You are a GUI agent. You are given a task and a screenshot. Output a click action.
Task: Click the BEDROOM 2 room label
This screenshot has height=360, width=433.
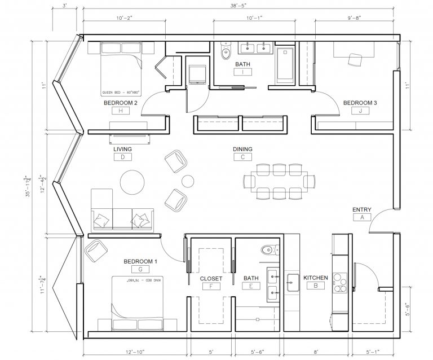[x=121, y=103]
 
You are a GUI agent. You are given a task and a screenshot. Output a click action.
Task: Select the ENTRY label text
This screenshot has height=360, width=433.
[x=361, y=209]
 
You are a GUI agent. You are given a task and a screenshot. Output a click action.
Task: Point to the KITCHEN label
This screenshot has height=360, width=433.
[x=316, y=278]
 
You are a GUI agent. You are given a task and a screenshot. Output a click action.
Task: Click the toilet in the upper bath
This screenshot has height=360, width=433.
[x=226, y=52]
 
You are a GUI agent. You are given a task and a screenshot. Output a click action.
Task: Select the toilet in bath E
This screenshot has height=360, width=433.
[x=268, y=249]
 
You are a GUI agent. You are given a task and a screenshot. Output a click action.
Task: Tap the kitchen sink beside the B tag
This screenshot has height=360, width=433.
[x=293, y=282]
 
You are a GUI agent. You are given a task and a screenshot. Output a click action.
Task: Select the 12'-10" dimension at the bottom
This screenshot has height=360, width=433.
[x=136, y=352]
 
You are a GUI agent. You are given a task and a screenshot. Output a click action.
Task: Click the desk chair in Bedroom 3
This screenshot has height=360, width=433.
[x=355, y=59]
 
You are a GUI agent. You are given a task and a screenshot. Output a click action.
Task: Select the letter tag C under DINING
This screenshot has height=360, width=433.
[x=242, y=157]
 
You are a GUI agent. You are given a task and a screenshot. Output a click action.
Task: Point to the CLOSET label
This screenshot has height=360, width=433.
[x=211, y=278]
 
